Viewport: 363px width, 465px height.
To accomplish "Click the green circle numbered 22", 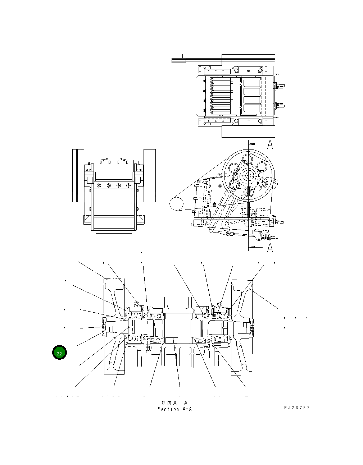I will click(59, 353).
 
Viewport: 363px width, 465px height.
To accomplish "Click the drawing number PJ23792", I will click(297, 408).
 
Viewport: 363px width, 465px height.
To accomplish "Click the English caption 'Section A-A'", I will click(175, 409).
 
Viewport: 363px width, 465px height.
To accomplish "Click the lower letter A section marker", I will click(270, 248).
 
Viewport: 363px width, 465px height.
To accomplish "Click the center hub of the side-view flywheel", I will click(248, 175).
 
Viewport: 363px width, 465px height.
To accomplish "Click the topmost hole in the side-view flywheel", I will click(248, 158).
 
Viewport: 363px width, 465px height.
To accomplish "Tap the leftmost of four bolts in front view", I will click(99, 185).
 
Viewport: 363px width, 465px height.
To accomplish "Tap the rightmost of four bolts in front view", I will click(128, 185).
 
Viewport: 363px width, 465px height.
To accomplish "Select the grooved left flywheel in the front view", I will click(78, 175).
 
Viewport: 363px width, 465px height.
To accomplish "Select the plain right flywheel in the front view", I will click(150, 175).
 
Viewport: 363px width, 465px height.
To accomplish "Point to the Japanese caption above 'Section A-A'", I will click(175, 403).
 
